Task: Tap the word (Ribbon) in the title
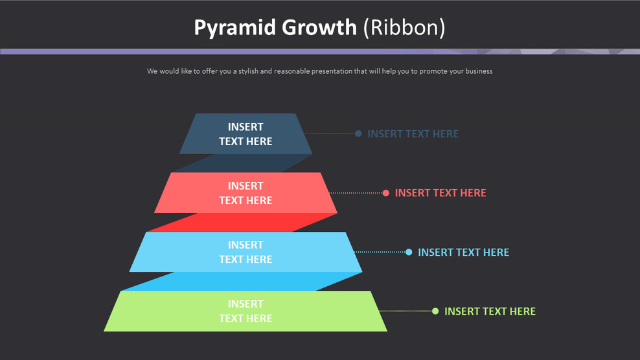click(404, 28)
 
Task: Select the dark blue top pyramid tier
click(246, 134)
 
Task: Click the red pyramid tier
click(246, 193)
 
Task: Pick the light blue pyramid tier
click(246, 252)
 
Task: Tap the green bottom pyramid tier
click(246, 311)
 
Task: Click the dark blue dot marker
click(358, 134)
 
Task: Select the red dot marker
click(386, 193)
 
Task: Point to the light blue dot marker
click(409, 252)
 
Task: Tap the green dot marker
click(435, 311)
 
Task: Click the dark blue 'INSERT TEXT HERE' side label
click(413, 134)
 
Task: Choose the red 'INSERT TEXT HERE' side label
click(440, 193)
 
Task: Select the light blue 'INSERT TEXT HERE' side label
click(463, 252)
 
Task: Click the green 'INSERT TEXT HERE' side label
click(490, 311)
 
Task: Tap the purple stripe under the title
click(259, 51)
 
